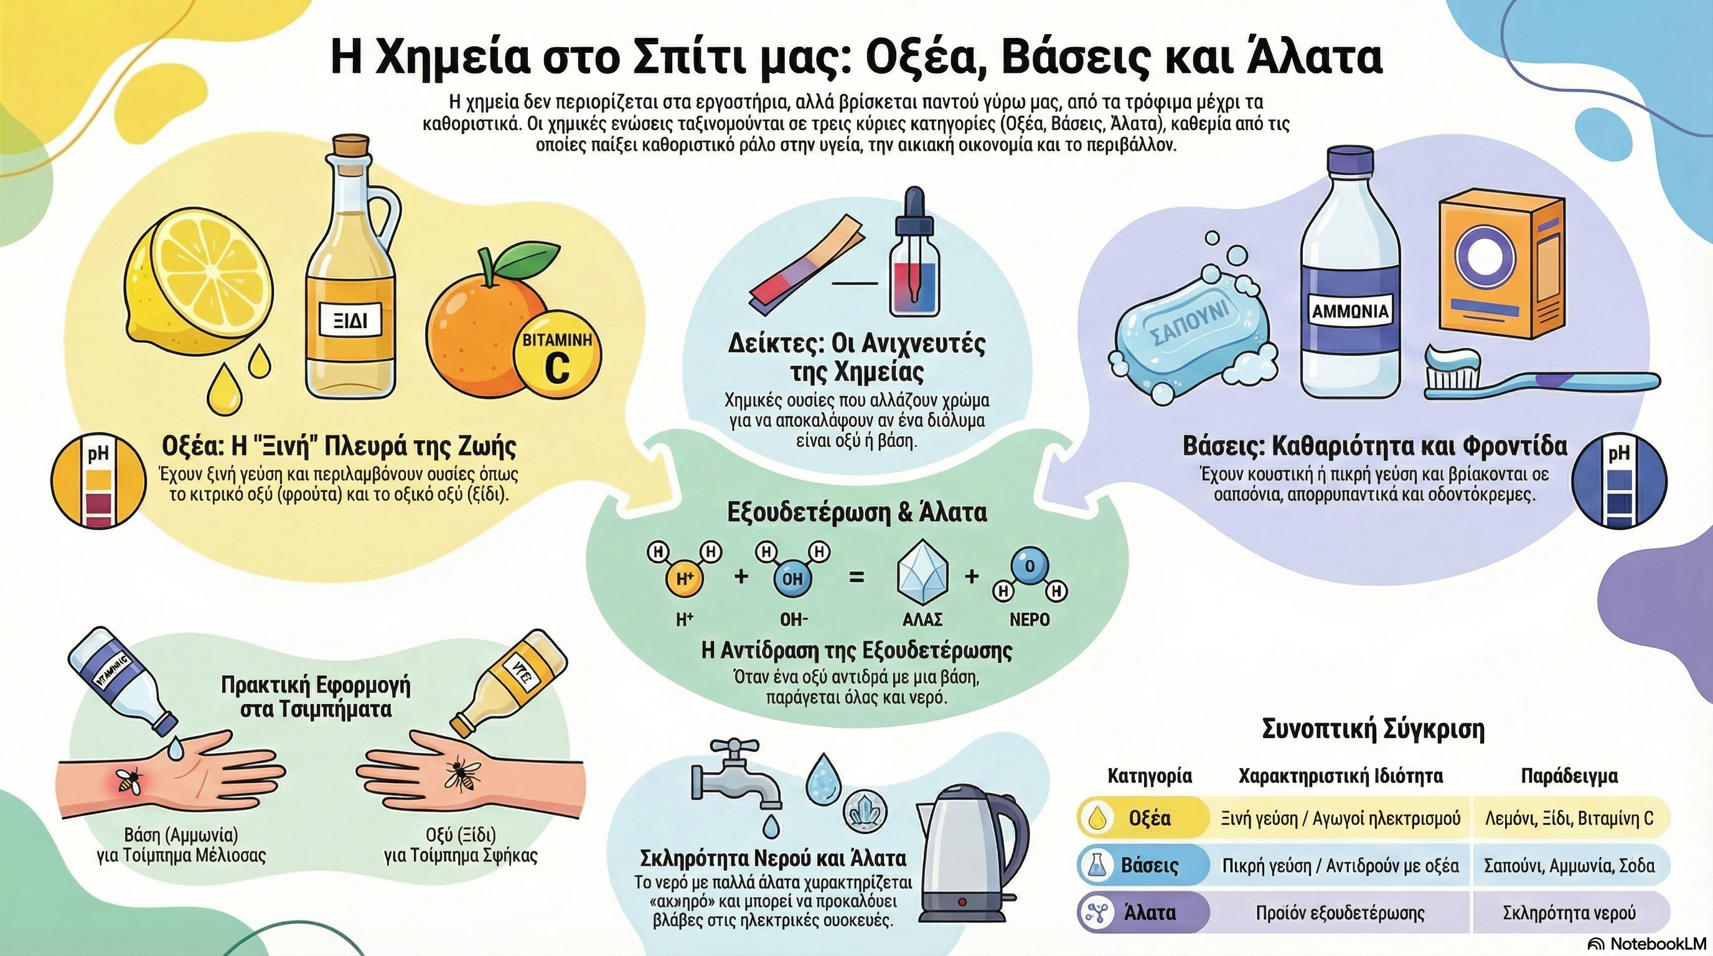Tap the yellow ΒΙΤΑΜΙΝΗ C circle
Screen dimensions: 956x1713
coord(556,355)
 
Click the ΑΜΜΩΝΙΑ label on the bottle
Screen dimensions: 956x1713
coord(1350,311)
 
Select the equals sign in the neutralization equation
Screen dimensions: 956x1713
coord(857,576)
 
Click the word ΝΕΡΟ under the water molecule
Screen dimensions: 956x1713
coord(1030,620)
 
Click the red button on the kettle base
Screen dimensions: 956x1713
coord(962,901)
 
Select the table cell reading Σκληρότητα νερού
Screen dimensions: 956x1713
coord(1569,913)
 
